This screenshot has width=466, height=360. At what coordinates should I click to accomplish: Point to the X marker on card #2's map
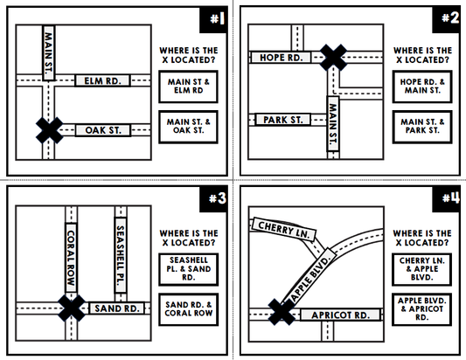(x=331, y=58)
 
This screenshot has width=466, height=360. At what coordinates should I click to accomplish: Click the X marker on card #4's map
(x=280, y=312)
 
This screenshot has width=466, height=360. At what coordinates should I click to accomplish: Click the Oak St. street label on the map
(x=102, y=130)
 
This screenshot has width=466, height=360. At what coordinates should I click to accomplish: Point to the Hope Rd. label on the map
(x=281, y=58)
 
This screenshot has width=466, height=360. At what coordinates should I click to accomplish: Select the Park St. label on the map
(x=282, y=119)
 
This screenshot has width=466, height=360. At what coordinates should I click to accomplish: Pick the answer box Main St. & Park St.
(x=424, y=127)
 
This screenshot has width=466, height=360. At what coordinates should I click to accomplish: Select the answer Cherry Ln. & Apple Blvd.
(x=424, y=267)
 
